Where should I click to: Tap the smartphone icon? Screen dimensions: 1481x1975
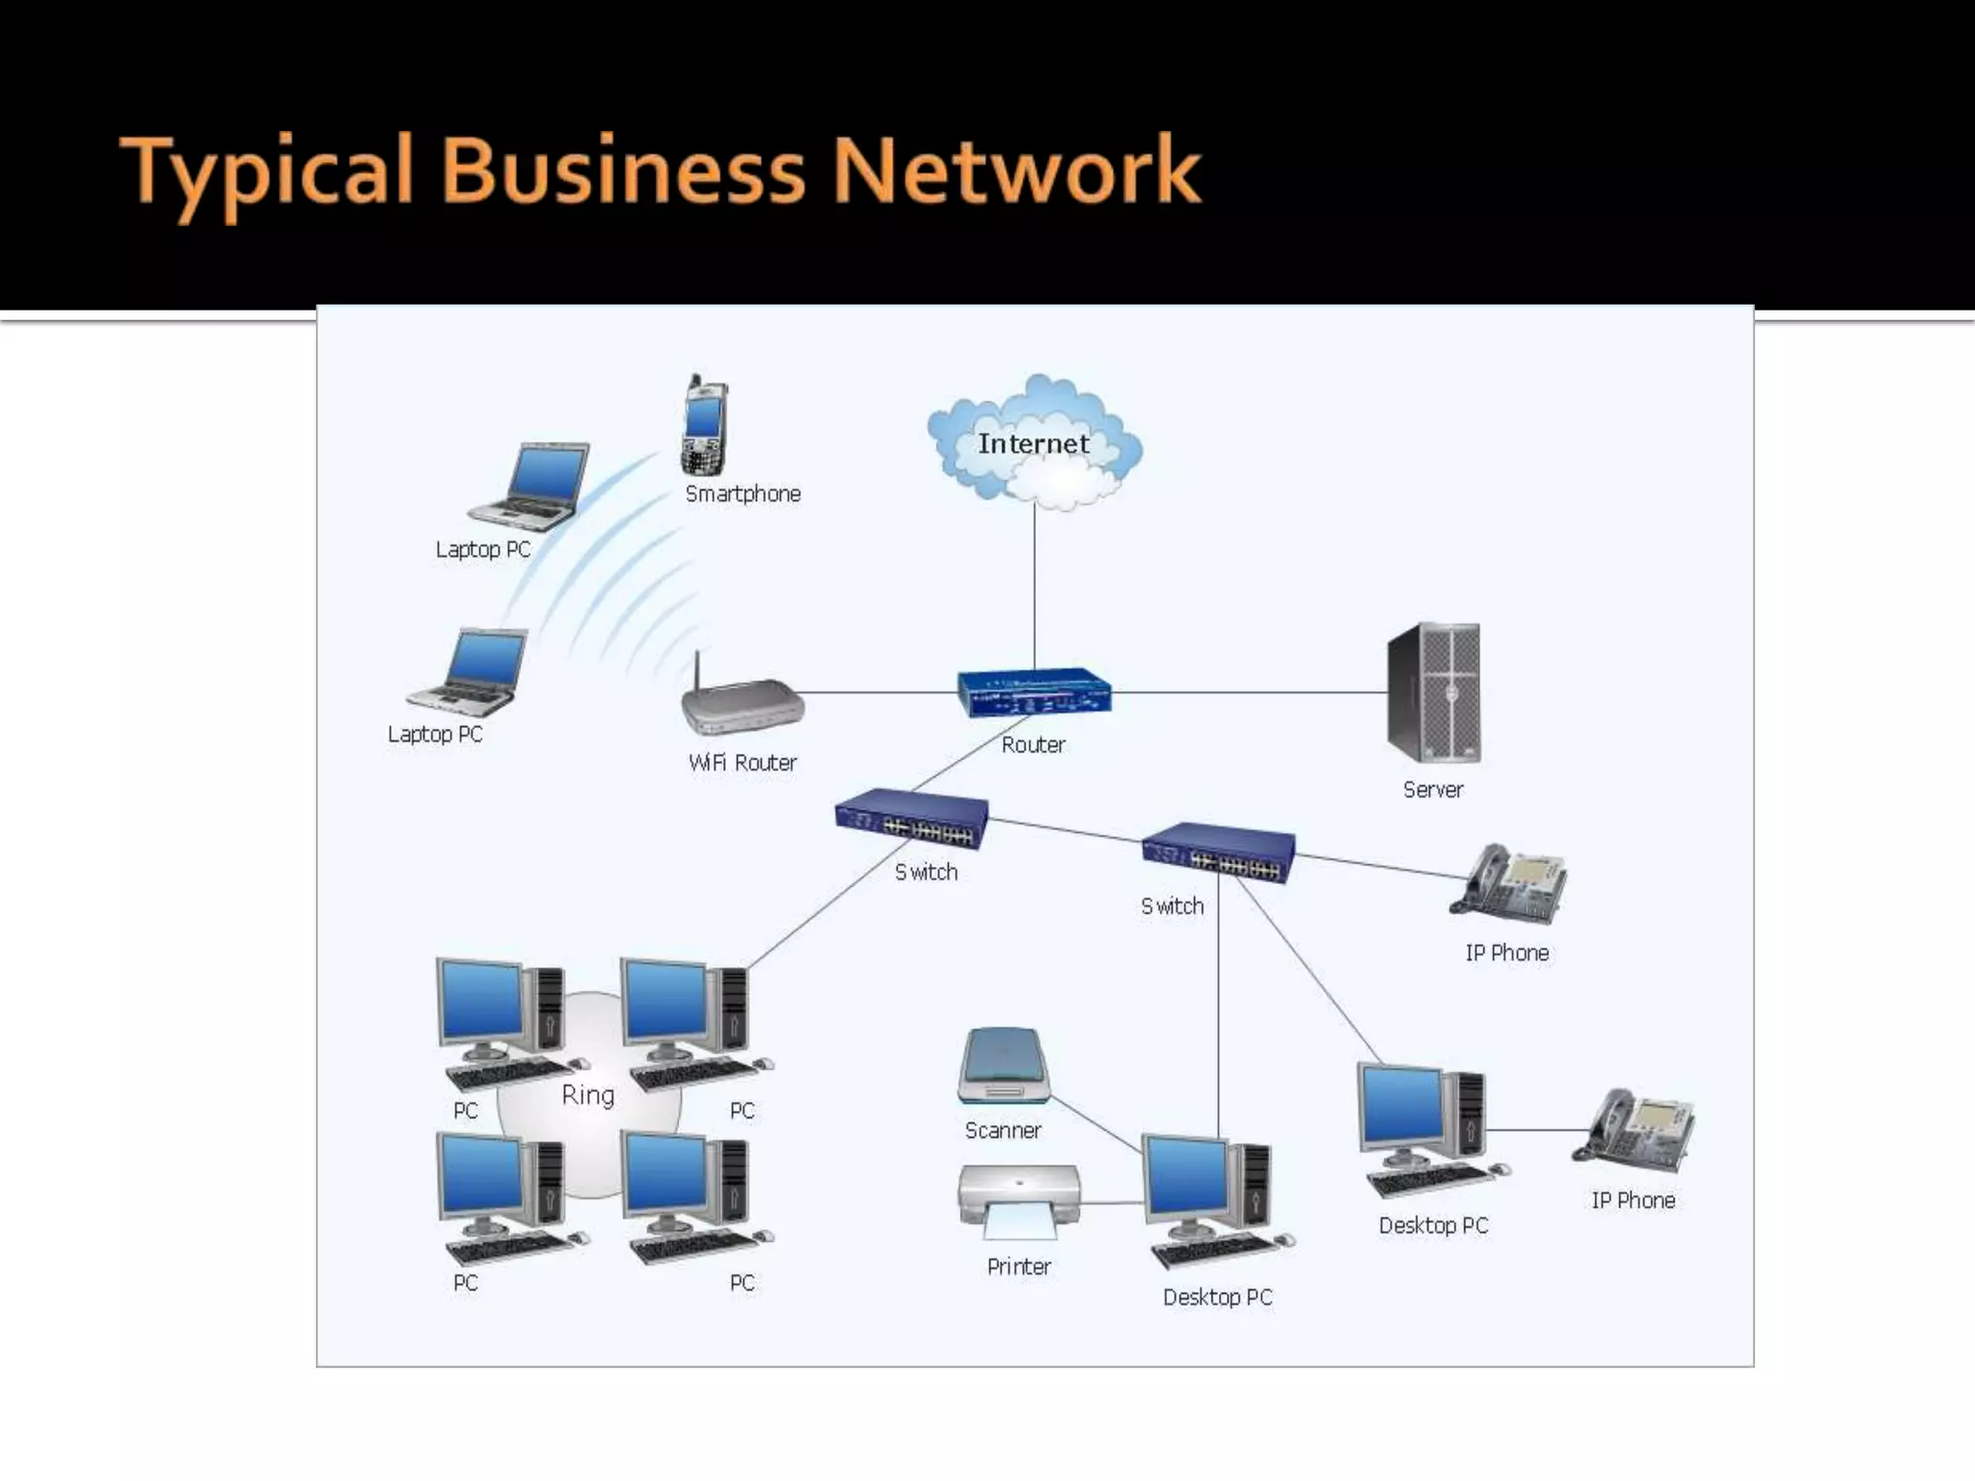pyautogui.click(x=704, y=426)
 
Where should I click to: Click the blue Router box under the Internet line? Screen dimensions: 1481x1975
pyautogui.click(x=1034, y=692)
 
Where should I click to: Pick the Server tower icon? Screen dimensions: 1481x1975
pyautogui.click(x=1433, y=692)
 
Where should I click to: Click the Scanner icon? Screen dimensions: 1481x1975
pyautogui.click(x=1003, y=1068)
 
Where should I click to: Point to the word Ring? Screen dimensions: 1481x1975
pyautogui.click(x=587, y=1095)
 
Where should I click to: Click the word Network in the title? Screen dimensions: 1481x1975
pyautogui.click(x=1016, y=172)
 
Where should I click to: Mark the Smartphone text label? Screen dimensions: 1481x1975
pyautogui.click(x=743, y=494)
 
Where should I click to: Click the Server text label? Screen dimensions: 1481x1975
pyautogui.click(x=1433, y=790)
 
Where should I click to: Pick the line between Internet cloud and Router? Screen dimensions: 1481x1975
pyautogui.click(x=1035, y=588)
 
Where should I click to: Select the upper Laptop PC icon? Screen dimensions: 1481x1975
pyautogui.click(x=530, y=487)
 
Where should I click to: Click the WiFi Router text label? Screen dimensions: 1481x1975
pyautogui.click(x=743, y=763)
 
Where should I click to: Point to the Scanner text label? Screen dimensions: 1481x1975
pyautogui.click(x=1003, y=1130)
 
